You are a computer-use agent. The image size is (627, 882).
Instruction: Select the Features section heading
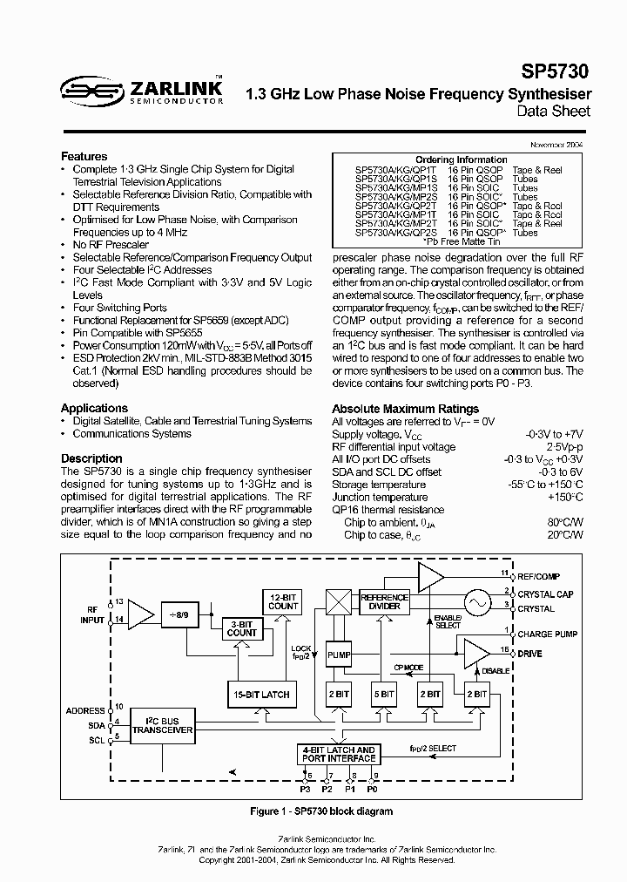[84, 156]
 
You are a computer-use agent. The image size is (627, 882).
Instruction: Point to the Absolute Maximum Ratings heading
[405, 409]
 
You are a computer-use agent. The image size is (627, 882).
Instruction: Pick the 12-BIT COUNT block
[283, 600]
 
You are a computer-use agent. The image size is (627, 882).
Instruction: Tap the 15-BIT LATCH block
[261, 694]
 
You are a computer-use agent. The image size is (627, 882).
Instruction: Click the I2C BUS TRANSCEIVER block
[162, 725]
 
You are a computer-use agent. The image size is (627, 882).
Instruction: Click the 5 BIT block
[384, 694]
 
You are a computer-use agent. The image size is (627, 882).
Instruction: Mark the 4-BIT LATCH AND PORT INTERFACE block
[339, 755]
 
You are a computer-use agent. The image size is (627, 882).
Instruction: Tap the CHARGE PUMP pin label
[547, 634]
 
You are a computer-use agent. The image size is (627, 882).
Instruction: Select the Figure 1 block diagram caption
[320, 811]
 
